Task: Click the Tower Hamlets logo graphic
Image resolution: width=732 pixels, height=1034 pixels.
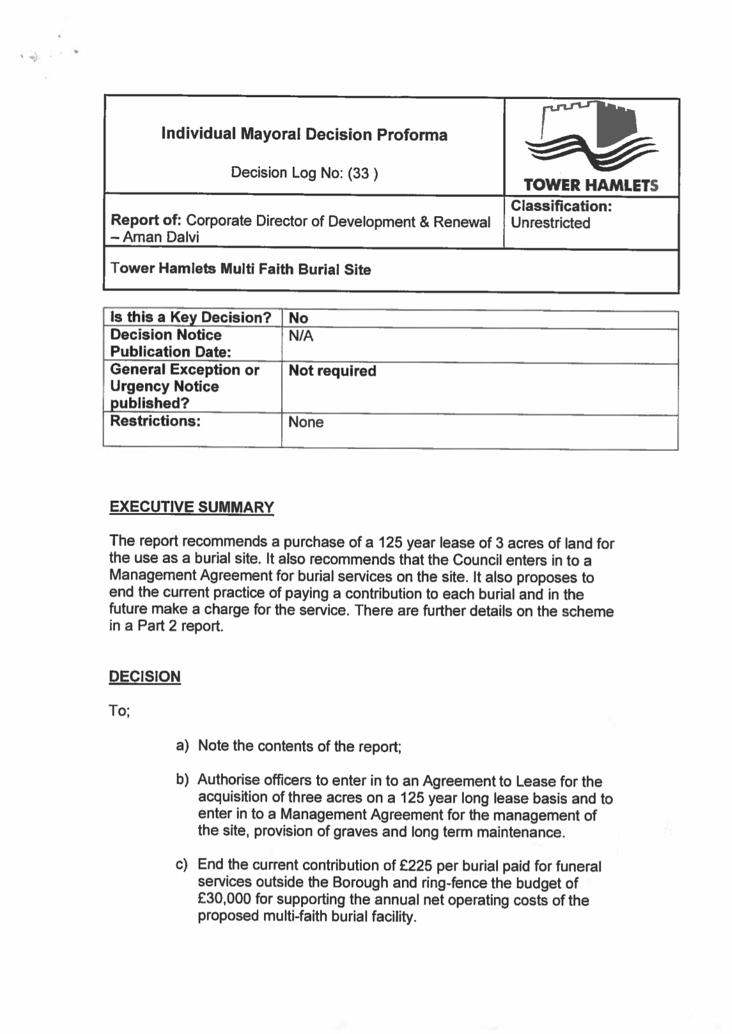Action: [x=591, y=137]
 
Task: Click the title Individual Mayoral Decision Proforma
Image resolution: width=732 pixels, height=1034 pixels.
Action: [x=304, y=134]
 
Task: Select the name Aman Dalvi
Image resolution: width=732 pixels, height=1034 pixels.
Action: [x=161, y=237]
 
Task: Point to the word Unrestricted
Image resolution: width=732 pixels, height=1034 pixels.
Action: [x=550, y=223]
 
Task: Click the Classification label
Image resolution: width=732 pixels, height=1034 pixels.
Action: [x=560, y=206]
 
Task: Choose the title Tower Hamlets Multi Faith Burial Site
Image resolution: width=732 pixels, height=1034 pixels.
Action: [x=240, y=269]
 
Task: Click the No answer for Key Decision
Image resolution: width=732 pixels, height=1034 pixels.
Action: [x=298, y=318]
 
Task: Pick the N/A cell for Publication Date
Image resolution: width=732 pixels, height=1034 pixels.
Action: [x=301, y=336]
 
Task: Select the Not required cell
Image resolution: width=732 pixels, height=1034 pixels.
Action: [x=332, y=371]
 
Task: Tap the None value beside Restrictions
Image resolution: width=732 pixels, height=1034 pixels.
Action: [x=305, y=422]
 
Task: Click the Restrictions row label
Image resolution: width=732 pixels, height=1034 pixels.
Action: [x=155, y=421]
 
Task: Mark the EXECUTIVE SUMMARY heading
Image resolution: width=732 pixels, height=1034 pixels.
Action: [x=192, y=507]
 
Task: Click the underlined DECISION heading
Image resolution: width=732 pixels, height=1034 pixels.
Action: [x=144, y=676]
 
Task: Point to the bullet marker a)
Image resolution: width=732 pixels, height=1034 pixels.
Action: [x=182, y=746]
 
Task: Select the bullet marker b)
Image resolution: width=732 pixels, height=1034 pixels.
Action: [x=182, y=780]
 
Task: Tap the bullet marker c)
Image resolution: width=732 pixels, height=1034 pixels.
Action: [x=182, y=865]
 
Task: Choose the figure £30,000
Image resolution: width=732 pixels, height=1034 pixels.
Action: [x=225, y=900]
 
